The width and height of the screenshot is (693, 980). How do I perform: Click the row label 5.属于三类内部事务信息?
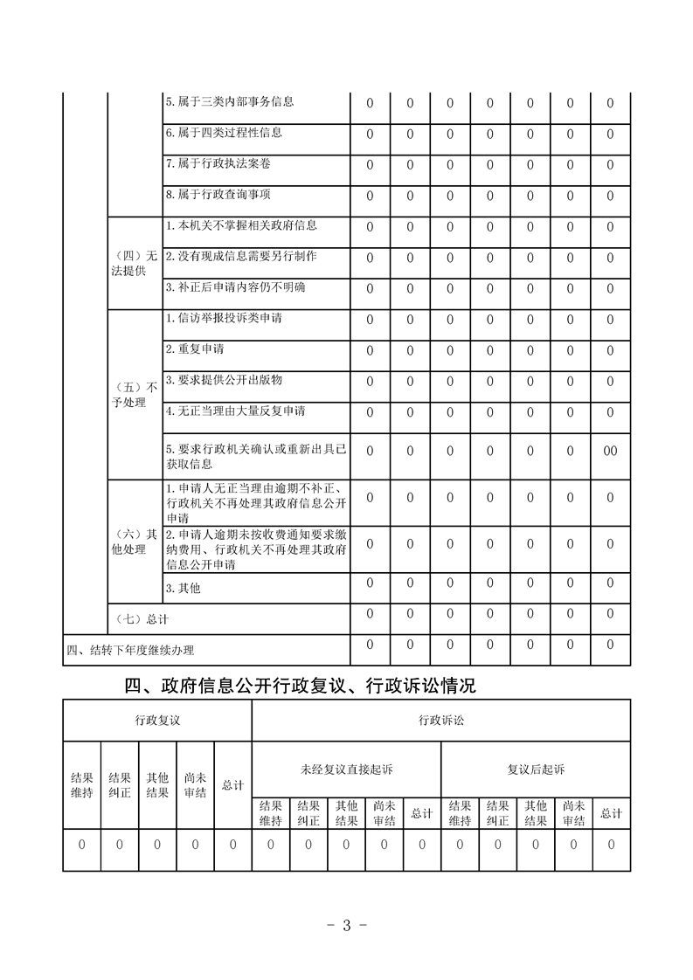pyautogui.click(x=229, y=101)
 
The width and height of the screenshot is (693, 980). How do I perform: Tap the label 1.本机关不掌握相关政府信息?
pyautogui.click(x=241, y=225)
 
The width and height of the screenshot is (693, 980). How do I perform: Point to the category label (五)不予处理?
pyautogui.click(x=135, y=394)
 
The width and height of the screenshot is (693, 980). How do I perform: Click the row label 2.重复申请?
pyautogui.click(x=195, y=349)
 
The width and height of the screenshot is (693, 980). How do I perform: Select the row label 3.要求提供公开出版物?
pyautogui.click(x=224, y=380)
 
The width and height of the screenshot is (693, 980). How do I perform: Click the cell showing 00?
pyautogui.click(x=610, y=451)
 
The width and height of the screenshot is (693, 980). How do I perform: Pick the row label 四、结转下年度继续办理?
pyautogui.click(x=131, y=650)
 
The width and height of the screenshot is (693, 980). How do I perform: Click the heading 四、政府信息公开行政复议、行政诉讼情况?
pyautogui.click(x=301, y=687)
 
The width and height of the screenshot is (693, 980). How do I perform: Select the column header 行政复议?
pyautogui.click(x=157, y=720)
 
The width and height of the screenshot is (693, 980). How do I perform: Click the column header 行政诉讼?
pyautogui.click(x=441, y=720)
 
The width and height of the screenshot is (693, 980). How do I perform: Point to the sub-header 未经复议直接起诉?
pyautogui.click(x=346, y=770)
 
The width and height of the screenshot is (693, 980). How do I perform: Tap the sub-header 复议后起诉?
pyautogui.click(x=536, y=770)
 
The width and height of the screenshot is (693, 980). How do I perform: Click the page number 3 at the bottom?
pyautogui.click(x=346, y=926)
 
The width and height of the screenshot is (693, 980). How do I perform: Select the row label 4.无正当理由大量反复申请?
pyautogui.click(x=235, y=411)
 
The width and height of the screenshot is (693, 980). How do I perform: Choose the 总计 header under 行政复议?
pyautogui.click(x=232, y=785)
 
